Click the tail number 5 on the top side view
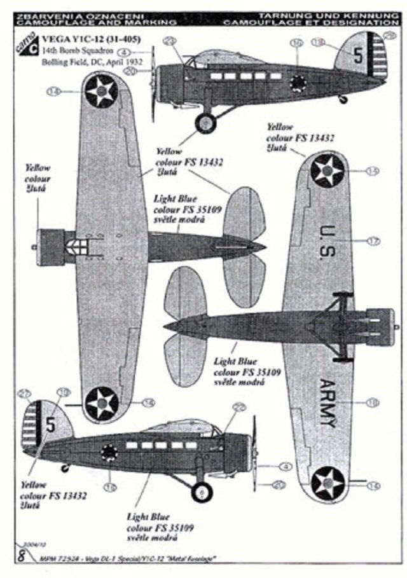(x=357, y=56)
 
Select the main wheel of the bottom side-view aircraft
(x=201, y=492)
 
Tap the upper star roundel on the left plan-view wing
(x=101, y=92)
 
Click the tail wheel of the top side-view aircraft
(x=344, y=99)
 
